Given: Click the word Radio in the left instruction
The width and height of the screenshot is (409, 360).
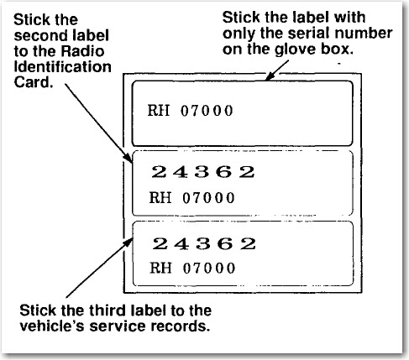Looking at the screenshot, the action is tap(82, 51).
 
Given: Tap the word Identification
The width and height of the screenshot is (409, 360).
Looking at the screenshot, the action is tap(62, 67).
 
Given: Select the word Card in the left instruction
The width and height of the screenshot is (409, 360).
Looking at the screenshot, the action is tap(34, 82).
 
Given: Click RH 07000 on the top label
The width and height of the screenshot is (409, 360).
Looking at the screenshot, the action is tap(190, 111).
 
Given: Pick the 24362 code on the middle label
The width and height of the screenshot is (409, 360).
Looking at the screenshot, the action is tap(203, 171).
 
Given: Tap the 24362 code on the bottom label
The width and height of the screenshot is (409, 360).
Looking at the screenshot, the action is tap(204, 243).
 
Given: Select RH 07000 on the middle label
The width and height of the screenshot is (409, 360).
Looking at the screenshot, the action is tap(191, 197).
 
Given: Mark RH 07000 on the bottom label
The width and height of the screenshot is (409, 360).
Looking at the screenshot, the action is tap(192, 268).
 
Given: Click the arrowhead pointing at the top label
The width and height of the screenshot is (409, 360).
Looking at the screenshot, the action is tap(269, 76).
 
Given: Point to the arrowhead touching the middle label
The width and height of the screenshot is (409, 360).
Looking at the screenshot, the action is tap(128, 158).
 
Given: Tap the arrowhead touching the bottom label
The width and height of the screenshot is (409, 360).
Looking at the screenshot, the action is tap(128, 243).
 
